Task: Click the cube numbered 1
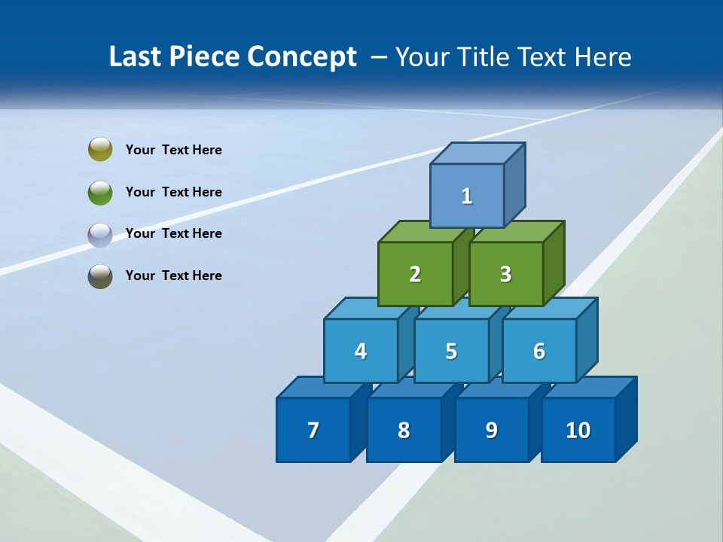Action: pos(467,196)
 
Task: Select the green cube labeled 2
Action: pos(415,274)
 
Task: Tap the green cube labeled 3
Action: pos(505,274)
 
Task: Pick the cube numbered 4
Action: pos(361,351)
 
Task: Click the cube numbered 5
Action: pos(451,351)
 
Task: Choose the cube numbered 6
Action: pos(539,351)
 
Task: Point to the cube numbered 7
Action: pos(313,430)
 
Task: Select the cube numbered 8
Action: pos(404,430)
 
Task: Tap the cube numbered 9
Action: pos(491,430)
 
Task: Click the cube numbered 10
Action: pos(578,430)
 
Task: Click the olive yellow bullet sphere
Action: pos(100,150)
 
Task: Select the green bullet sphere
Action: pos(100,192)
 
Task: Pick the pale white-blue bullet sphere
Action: pos(100,234)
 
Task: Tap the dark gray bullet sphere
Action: pos(100,276)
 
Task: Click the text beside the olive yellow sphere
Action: pos(174,150)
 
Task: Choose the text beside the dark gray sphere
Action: pos(174,276)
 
